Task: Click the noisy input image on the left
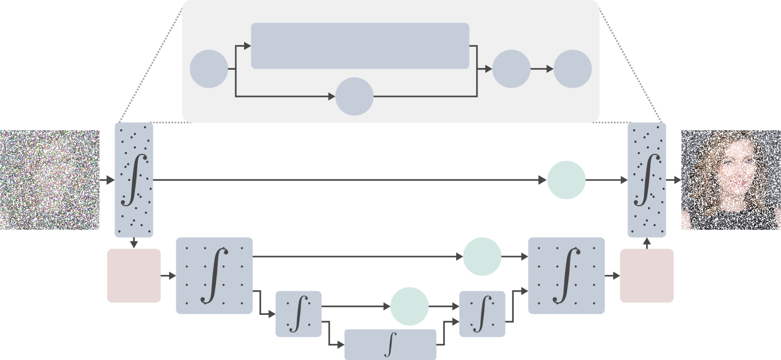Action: (x=50, y=180)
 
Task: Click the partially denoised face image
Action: (x=731, y=180)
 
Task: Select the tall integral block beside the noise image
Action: (x=134, y=180)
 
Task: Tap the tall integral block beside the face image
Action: (x=647, y=180)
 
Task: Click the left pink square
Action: (x=134, y=275)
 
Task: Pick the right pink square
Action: (x=647, y=275)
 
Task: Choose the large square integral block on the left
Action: (x=214, y=275)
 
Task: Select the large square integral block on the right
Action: (x=566, y=275)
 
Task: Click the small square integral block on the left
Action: (x=299, y=313)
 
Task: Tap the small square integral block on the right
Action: (x=482, y=313)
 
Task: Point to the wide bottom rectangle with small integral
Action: (x=390, y=344)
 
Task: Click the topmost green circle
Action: (x=566, y=180)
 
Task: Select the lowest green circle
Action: (x=409, y=307)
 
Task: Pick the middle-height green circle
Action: (x=482, y=257)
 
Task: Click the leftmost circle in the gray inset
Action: (x=209, y=69)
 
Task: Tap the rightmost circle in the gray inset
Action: (x=573, y=69)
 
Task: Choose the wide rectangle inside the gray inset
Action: (x=360, y=46)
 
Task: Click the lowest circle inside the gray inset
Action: (x=355, y=96)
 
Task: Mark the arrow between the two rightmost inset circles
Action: (x=542, y=69)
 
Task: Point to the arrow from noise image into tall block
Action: (x=107, y=180)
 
